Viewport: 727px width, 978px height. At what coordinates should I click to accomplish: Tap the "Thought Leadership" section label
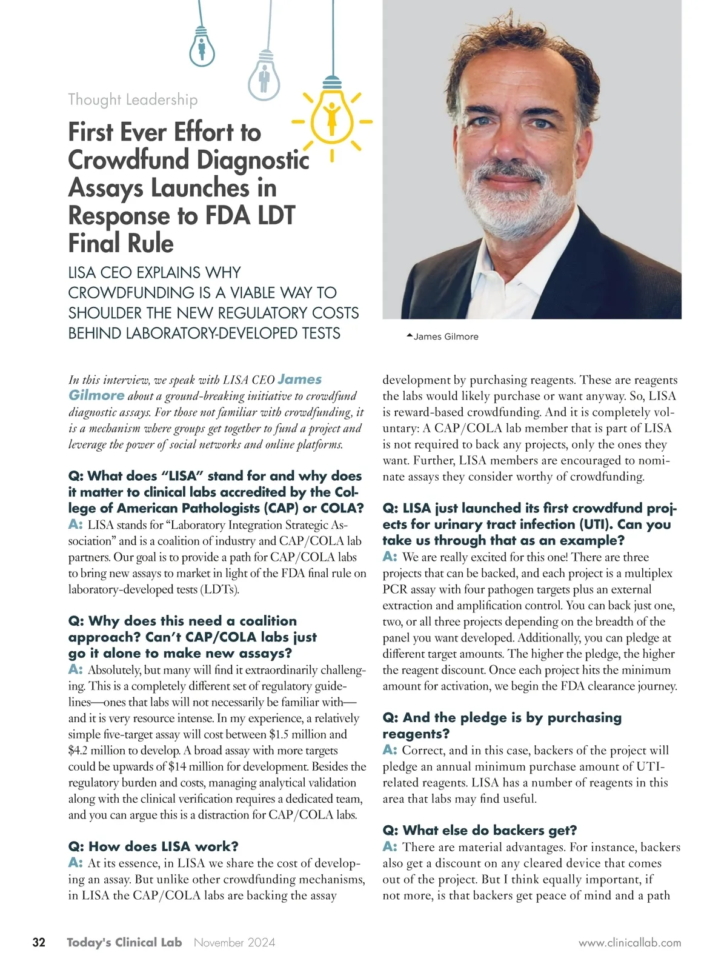(133, 99)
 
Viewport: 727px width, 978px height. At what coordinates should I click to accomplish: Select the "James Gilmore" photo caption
(446, 337)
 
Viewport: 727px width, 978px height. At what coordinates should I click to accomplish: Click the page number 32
(39, 942)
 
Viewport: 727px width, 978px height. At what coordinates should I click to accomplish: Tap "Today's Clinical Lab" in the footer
(124, 942)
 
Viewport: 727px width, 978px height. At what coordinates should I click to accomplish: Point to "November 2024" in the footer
(234, 942)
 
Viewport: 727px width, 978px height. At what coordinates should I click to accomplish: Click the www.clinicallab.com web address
(629, 943)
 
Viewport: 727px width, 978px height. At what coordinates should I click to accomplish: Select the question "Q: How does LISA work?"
(153, 846)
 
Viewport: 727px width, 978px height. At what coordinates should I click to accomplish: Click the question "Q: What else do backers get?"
(480, 830)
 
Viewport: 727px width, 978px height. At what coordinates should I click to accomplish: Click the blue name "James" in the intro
(300, 380)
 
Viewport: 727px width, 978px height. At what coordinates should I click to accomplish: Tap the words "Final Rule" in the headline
(121, 244)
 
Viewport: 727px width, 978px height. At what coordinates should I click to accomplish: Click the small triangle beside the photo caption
(410, 335)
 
